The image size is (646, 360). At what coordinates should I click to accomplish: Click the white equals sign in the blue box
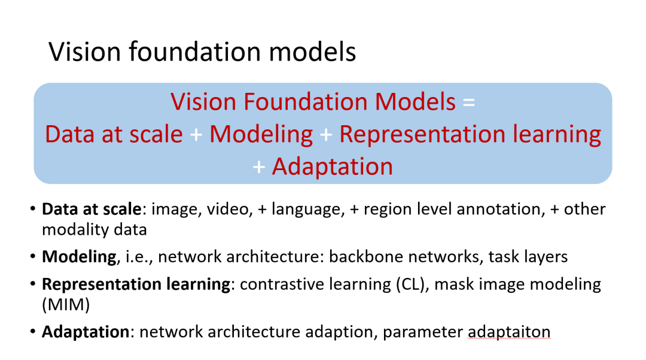point(468,102)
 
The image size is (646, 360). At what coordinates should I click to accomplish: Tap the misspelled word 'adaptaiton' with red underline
point(509,331)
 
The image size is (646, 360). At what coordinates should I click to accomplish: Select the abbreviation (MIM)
point(66,304)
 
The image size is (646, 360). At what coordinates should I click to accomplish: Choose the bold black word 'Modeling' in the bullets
point(79,257)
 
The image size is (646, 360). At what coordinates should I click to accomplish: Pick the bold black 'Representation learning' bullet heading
point(136,284)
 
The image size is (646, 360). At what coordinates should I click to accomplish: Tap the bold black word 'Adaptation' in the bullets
point(86,331)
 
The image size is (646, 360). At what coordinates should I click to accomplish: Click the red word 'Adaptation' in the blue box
point(332,167)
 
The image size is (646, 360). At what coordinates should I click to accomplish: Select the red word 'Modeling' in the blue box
point(261,134)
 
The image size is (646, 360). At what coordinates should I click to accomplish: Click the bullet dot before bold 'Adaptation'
point(32,331)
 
